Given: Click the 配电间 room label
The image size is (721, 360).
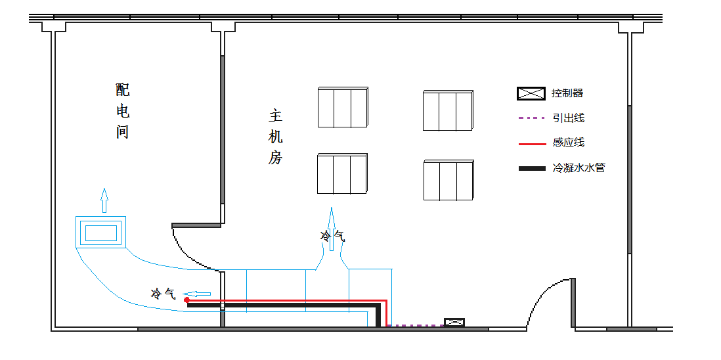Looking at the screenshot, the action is [x=122, y=110].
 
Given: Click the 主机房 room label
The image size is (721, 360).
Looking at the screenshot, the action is [x=275, y=137].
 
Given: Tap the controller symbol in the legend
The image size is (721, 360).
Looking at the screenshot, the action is [x=531, y=93].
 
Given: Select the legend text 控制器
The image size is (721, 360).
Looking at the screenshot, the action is [x=567, y=93].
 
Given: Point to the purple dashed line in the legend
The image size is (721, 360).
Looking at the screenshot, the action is [x=531, y=118].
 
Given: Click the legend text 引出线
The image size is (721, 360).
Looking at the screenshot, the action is [x=568, y=118].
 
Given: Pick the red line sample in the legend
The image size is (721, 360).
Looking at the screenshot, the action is [x=531, y=143].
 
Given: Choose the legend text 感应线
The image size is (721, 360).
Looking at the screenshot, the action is [x=568, y=143].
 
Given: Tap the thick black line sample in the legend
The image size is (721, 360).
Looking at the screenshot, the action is [x=531, y=169].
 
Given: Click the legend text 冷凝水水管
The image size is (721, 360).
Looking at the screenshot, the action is [x=578, y=168].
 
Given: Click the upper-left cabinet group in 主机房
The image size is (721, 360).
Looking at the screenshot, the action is [x=343, y=107].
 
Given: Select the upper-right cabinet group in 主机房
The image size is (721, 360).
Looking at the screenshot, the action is [x=448, y=111].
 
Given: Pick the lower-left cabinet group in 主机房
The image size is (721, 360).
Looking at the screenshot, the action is [x=342, y=174].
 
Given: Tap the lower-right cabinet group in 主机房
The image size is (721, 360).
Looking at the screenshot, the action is [x=448, y=180].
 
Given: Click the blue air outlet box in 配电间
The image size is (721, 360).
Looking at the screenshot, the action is [x=100, y=232].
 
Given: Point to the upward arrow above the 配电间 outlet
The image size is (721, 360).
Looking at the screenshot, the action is [x=104, y=200].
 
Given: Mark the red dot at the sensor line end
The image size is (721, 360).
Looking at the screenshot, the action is [x=187, y=300].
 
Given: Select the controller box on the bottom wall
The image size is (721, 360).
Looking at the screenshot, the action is [x=454, y=323].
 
